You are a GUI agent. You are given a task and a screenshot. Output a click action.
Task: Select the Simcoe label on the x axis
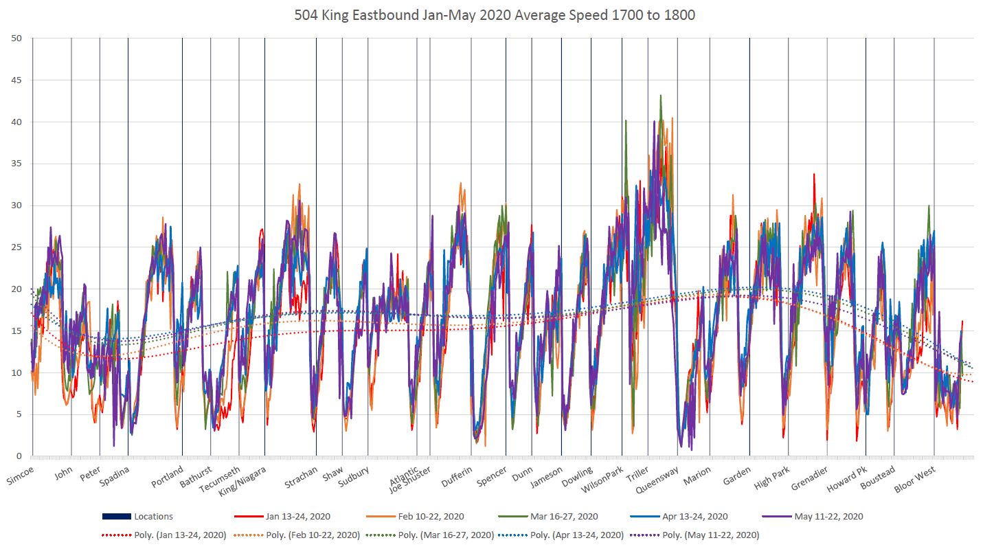[20, 477]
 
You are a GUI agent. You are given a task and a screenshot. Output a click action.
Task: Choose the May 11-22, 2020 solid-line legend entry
[828, 517]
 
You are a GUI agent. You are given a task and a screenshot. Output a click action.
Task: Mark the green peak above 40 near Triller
[661, 96]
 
